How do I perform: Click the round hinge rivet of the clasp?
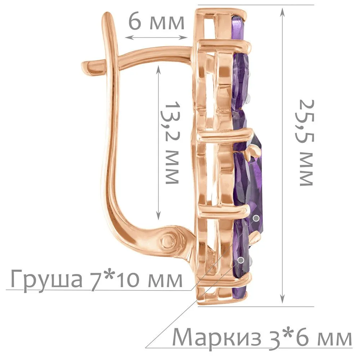click(x=170, y=241)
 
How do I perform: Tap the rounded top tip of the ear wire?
click(x=108, y=15)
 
